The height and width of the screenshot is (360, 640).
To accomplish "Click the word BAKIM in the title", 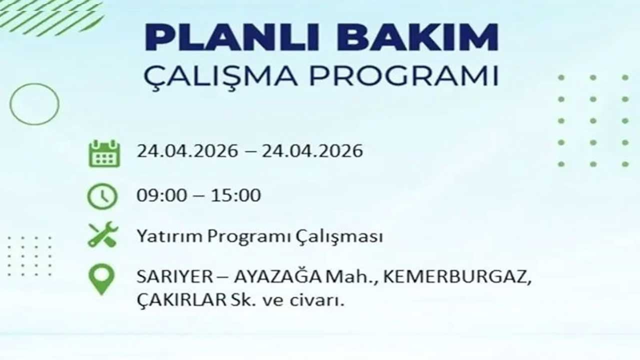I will (x=417, y=38).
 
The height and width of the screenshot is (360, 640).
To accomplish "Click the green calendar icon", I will (x=104, y=153).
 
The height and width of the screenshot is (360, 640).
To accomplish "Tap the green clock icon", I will (x=102, y=196).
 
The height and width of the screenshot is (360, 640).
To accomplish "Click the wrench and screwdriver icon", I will (x=103, y=234).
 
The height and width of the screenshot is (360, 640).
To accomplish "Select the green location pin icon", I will (x=101, y=278).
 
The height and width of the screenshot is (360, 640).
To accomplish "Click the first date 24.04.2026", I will (x=187, y=151).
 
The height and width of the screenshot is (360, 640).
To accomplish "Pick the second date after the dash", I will (x=312, y=151).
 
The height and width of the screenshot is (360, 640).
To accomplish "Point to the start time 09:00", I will (x=159, y=195).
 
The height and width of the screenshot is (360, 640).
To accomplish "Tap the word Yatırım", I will (x=169, y=236).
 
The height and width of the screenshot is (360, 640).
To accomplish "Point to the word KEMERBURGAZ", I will (x=456, y=277).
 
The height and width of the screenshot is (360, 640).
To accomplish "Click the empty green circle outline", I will (x=34, y=104).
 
